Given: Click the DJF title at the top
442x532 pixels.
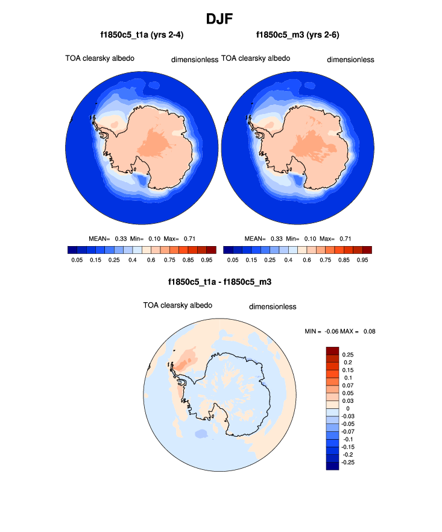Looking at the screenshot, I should pos(221,19).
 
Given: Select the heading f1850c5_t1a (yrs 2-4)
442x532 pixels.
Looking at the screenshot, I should pos(142,35).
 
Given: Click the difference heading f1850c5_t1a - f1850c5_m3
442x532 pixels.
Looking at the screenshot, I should pos(221,282).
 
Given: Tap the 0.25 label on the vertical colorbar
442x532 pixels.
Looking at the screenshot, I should pos(348,355).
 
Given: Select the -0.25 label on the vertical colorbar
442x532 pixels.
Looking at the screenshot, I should pos(349,463).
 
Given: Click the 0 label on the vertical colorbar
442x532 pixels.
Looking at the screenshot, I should pos(348,408).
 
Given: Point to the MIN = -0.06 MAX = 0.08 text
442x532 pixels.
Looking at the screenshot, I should pos(341,331).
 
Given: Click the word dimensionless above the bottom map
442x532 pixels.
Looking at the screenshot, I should pos(273,306).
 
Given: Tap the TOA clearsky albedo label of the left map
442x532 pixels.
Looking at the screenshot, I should pos(99,59).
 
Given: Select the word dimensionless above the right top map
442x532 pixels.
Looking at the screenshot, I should pos(350,60).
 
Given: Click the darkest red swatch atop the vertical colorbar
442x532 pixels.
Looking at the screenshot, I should pos(333,351).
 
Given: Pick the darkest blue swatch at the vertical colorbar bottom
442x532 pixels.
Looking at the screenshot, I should pos(333,466).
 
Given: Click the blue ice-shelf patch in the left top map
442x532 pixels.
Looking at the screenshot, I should pos(143,179).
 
